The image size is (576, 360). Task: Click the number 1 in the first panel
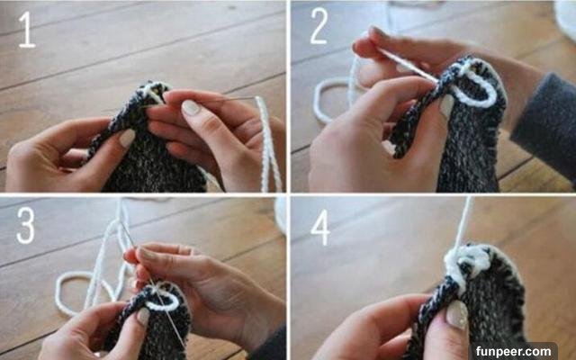(x=27, y=30)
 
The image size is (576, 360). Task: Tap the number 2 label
(x=319, y=26)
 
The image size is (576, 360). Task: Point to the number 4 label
(x=320, y=227)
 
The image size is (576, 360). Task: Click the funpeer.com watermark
(x=513, y=352)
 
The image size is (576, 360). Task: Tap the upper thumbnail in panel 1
(x=191, y=108)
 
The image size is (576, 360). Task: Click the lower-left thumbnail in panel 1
(x=127, y=138)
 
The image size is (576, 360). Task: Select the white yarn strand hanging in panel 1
(x=268, y=143)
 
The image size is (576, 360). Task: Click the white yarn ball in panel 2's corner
(x=566, y=14)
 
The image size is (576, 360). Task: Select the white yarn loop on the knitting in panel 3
(x=163, y=304)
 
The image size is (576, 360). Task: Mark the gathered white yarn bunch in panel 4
(x=466, y=265)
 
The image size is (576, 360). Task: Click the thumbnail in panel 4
(x=456, y=314)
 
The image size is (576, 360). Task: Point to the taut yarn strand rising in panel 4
(x=463, y=224)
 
